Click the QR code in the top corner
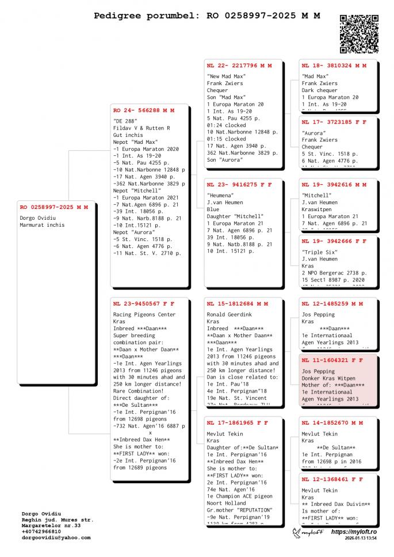click(x=359, y=33)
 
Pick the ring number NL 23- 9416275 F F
click(x=239, y=185)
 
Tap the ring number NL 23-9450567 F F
click(x=143, y=303)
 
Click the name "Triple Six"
click(x=320, y=252)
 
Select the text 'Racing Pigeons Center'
click(x=144, y=315)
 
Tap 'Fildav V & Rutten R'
click(x=141, y=128)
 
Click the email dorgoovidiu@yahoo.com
click(x=56, y=537)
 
